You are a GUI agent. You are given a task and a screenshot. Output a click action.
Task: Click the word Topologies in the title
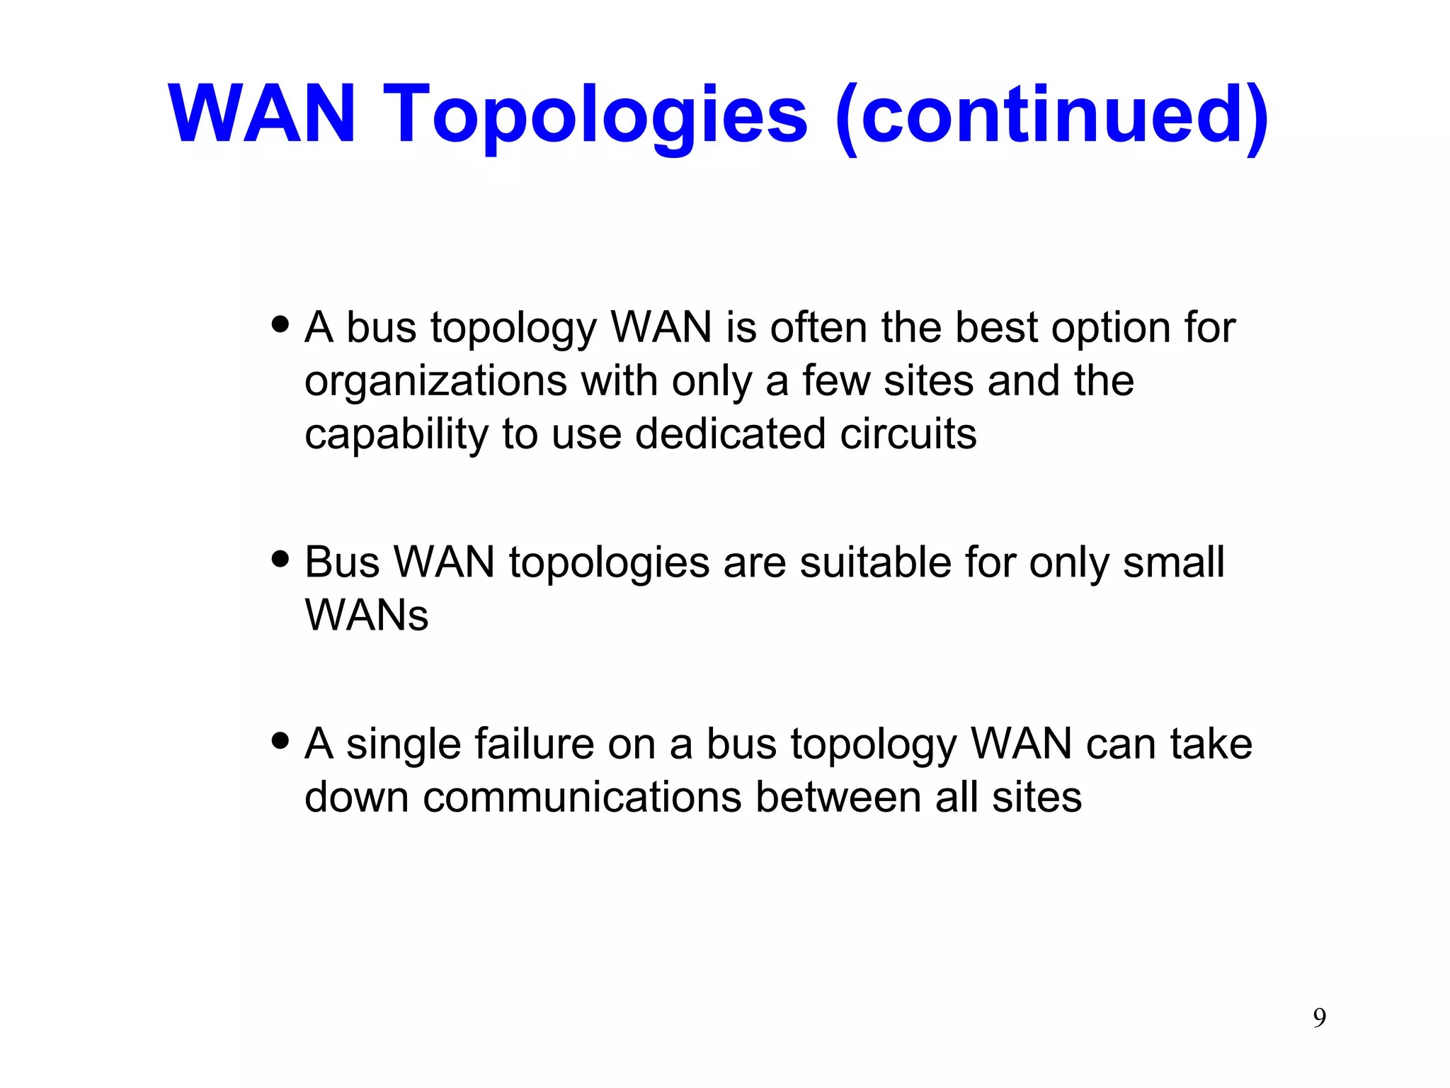tap(595, 115)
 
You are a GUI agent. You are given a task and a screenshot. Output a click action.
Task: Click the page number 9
tap(1320, 1018)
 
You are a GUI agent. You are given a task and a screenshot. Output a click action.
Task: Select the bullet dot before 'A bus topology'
tap(281, 324)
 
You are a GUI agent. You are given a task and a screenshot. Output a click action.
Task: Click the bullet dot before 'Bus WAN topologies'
tap(281, 559)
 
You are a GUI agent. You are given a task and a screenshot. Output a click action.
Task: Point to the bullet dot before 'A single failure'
tap(281, 741)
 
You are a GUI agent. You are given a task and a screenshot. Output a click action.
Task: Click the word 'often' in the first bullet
tap(818, 327)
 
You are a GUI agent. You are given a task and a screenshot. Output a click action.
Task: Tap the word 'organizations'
tap(435, 382)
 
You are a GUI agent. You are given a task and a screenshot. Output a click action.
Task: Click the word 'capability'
tap(396, 435)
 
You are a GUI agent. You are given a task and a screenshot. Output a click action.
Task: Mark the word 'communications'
tap(582, 797)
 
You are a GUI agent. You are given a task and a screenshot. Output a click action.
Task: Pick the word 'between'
tap(838, 797)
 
